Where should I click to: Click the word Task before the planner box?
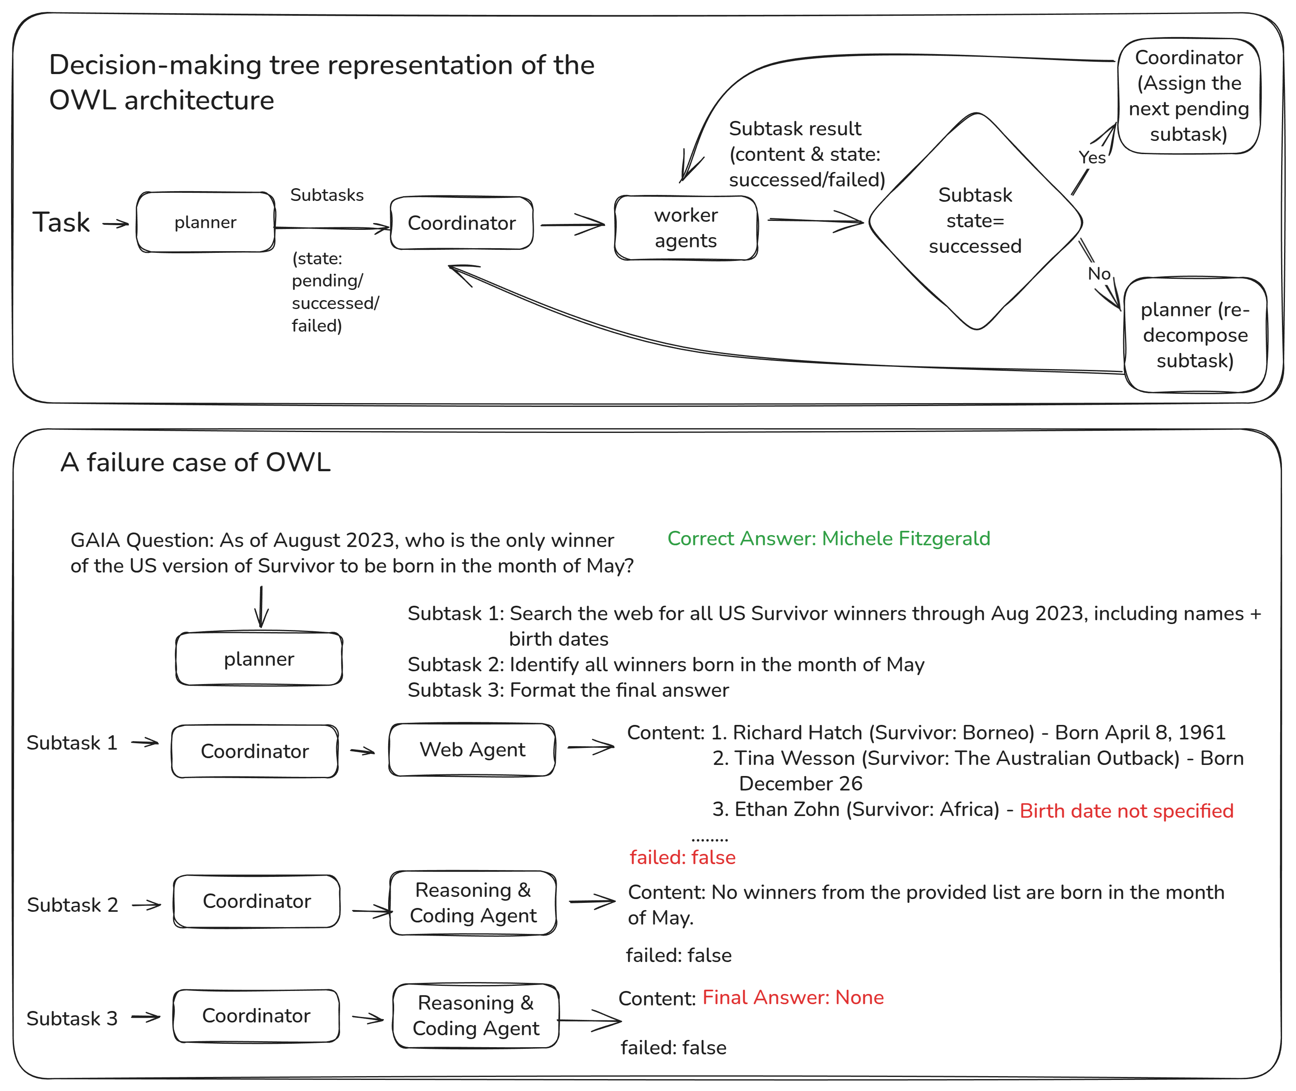point(60,223)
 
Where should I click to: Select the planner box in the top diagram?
point(205,223)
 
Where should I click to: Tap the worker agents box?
point(686,228)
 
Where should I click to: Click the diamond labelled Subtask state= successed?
point(975,221)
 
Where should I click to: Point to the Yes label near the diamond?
point(1092,158)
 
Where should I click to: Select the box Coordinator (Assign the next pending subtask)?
point(1188,96)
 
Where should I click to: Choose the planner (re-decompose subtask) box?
point(1195,335)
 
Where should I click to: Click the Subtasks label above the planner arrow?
point(326,195)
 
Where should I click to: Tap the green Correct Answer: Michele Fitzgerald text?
point(829,539)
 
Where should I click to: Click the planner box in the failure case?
point(259,659)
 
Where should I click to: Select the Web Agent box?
point(472,750)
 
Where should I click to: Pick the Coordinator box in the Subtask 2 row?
point(257,902)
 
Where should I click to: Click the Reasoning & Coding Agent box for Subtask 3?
point(475,1016)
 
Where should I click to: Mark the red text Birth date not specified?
point(1126,811)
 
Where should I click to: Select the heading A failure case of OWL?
point(195,463)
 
